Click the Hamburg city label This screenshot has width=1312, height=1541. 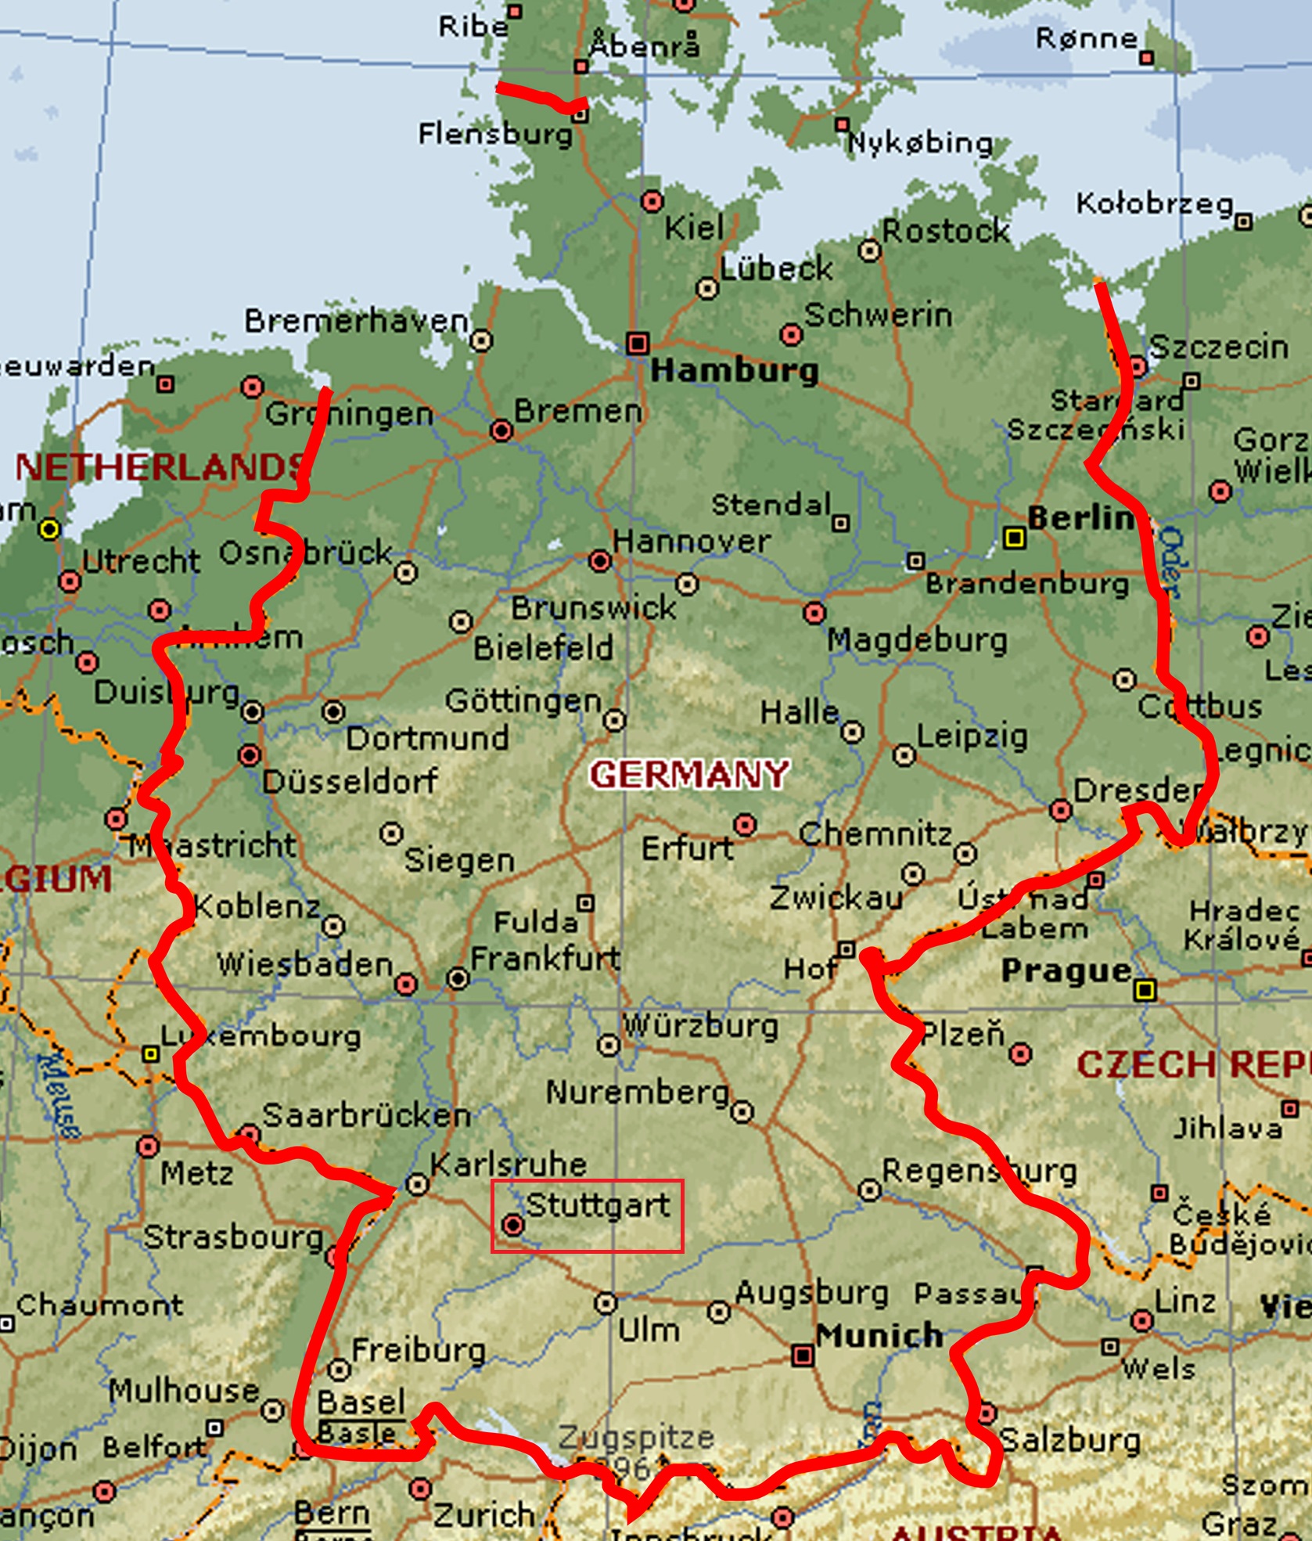(x=734, y=370)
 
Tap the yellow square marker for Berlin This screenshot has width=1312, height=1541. (x=1015, y=538)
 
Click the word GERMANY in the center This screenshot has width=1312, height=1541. (x=689, y=775)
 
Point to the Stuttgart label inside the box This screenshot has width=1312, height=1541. (x=598, y=1205)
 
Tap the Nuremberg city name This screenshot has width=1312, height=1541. (x=637, y=1092)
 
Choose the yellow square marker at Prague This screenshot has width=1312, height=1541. (x=1145, y=991)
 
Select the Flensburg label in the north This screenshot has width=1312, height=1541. (x=495, y=133)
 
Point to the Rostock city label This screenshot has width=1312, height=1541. (x=946, y=231)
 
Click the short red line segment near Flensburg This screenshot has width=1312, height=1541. (x=540, y=96)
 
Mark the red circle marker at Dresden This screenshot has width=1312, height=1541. (x=1060, y=810)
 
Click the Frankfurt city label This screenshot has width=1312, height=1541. (x=545, y=958)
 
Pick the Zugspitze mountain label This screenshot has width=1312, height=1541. (x=636, y=1437)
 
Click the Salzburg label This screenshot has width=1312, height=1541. (x=1070, y=1439)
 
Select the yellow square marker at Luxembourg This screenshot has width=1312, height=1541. (x=150, y=1054)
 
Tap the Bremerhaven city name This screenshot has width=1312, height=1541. (x=356, y=321)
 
